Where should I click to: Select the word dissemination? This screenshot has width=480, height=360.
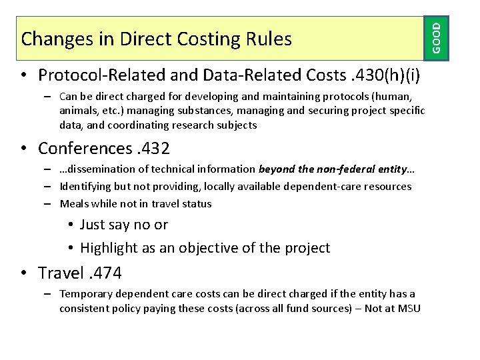click(x=103, y=169)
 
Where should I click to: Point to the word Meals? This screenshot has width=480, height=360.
click(x=74, y=203)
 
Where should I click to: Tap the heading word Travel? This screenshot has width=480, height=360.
click(x=61, y=273)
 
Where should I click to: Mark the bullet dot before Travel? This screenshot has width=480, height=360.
click(x=24, y=273)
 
